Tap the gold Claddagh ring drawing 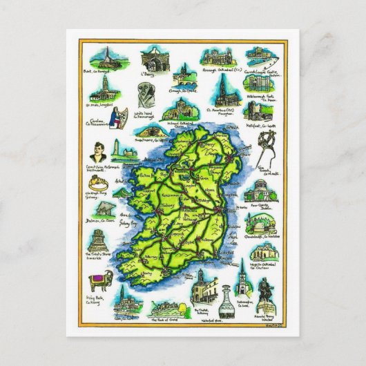click(x=99, y=182)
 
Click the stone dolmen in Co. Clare click(x=102, y=212)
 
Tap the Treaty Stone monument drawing click(x=99, y=241)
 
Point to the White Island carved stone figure click(x=142, y=93)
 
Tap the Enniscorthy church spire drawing click(x=242, y=282)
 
